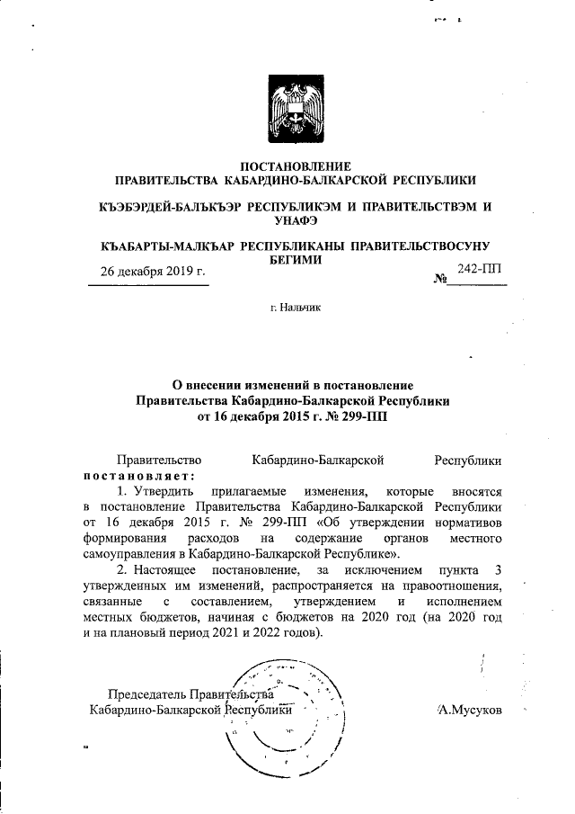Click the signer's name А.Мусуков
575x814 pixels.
469,710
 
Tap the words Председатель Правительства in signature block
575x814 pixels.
190,694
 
